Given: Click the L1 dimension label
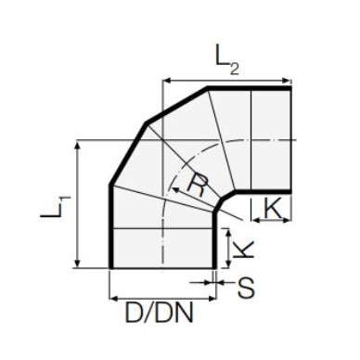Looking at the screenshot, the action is [x=56, y=207].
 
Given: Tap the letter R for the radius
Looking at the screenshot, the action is [x=197, y=185].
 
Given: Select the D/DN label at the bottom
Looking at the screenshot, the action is [x=159, y=313].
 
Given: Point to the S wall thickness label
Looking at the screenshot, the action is [x=246, y=288].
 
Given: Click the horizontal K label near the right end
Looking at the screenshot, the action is [x=273, y=208].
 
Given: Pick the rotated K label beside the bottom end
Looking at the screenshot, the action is [x=244, y=249].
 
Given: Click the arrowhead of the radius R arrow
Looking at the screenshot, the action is [x=175, y=189].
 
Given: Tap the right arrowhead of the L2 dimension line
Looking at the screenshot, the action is [x=288, y=81].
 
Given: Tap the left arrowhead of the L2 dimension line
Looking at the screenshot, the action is [x=166, y=81].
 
